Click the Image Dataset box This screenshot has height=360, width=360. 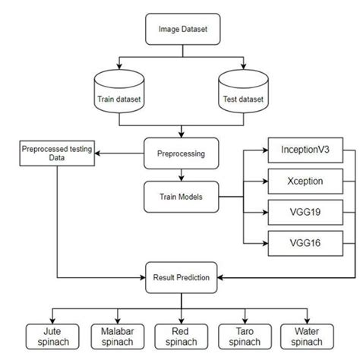point(181,29)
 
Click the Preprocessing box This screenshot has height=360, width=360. point(181,152)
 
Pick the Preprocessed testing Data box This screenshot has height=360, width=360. point(57,153)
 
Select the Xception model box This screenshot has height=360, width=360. point(300,182)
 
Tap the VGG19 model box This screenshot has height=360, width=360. point(300,213)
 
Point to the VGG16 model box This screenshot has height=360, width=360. point(300,243)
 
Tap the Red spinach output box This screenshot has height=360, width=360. point(181,335)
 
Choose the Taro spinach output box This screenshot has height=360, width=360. point(245,335)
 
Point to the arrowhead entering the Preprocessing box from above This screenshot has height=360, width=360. point(181,134)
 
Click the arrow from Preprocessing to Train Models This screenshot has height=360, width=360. point(181,175)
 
